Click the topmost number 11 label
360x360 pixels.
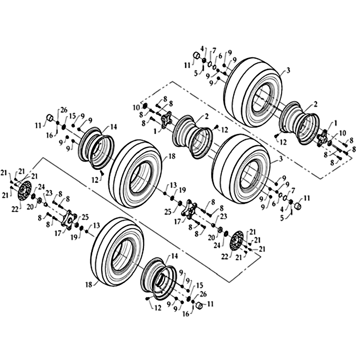coord(187,66)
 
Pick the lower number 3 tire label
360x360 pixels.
coord(280,159)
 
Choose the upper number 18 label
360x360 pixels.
coord(172,156)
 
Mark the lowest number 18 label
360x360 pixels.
coord(89,285)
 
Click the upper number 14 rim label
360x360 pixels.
coord(113,127)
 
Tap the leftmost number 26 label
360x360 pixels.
coord(64,110)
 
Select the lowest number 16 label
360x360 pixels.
coord(186,314)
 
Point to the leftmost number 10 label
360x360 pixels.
coord(136,108)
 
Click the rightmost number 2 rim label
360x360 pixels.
coord(315,104)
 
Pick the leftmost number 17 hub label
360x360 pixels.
coord(58,233)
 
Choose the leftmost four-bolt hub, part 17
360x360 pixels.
coord(68,220)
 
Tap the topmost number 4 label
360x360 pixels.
coord(202,49)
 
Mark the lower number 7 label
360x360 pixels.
coord(293,189)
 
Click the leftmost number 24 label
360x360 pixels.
coord(41,187)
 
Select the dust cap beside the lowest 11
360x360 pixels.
coord(199,306)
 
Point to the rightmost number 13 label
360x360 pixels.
coord(173,185)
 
